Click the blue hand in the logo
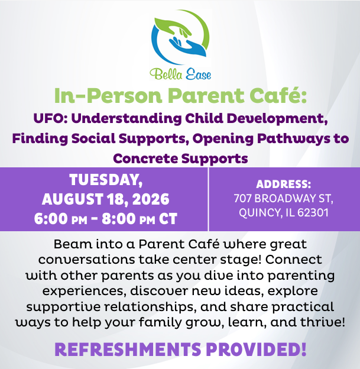point(188,46)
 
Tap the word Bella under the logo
point(166,74)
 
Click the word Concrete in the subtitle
point(145,158)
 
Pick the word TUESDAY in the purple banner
point(106,180)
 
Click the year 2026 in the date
point(151,199)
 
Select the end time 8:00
point(119,219)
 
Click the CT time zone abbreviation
point(168,219)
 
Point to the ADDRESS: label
point(284,184)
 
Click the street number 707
point(242,198)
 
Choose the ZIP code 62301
point(313,212)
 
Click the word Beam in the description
point(73,244)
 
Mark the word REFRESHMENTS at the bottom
point(128,349)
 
